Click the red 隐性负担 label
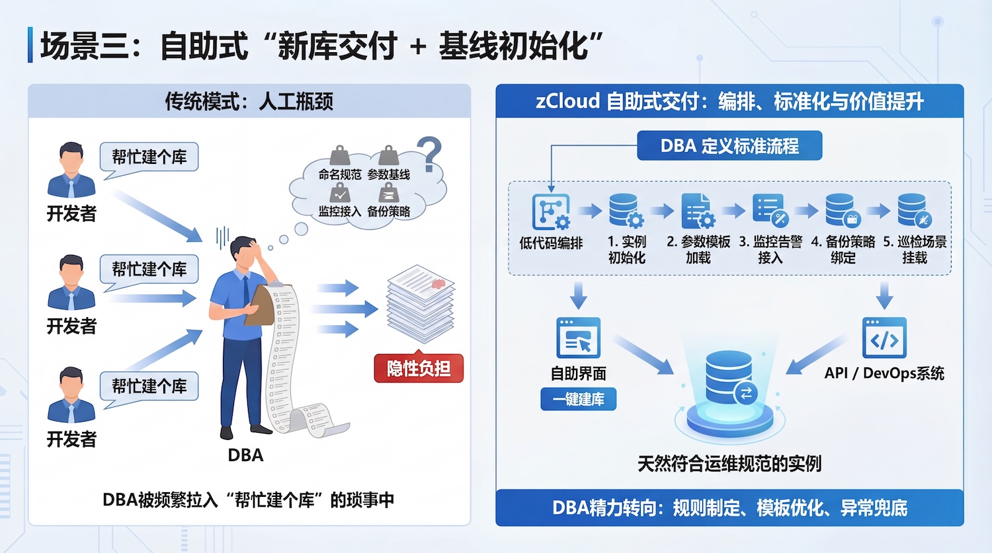419,369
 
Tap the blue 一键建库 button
579,399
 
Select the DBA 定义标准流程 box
729,146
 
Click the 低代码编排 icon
551,211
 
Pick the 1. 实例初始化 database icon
626,211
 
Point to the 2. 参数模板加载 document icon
697,211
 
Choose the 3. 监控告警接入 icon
770,211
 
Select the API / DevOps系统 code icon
884,338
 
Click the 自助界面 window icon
579,338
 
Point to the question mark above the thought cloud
430,154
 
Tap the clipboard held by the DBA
260,307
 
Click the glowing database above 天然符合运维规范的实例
729,380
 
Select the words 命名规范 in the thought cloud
340,174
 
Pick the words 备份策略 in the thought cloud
389,211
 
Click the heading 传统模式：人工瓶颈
249,102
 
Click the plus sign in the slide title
417,48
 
